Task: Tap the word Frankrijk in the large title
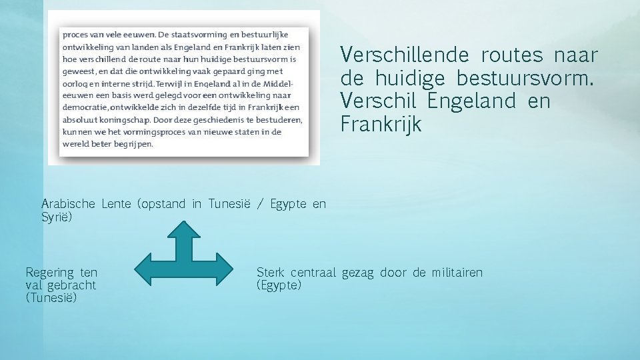coord(381,125)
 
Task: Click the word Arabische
coord(68,204)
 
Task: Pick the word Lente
coord(117,204)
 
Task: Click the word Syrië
coord(57,217)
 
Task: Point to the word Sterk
coord(271,272)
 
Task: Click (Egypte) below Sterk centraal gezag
coord(279,285)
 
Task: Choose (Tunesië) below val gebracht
coord(51,298)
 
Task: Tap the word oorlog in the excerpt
coord(74,83)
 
